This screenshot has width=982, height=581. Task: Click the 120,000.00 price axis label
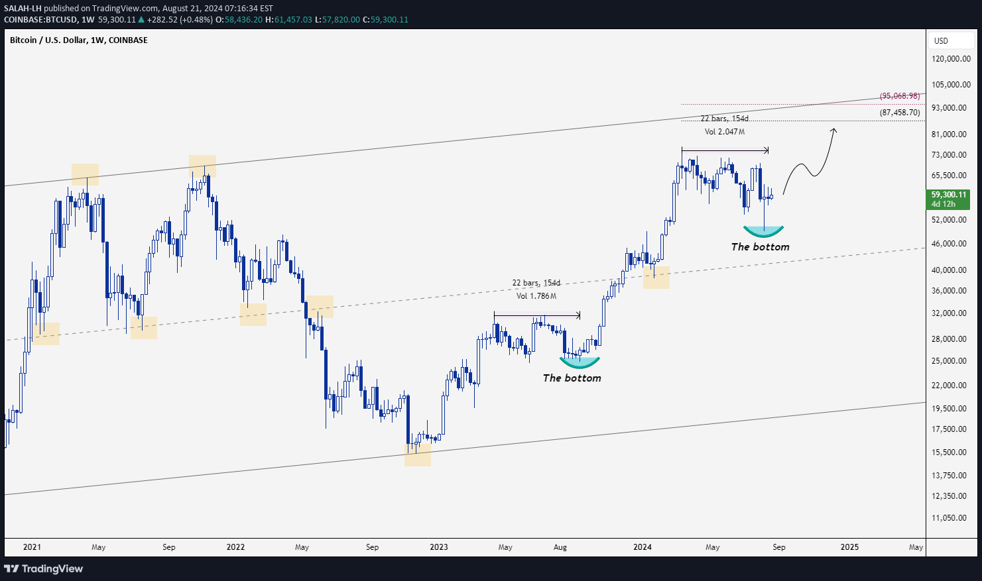[x=951, y=59]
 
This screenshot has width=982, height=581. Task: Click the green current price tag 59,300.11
[x=949, y=199]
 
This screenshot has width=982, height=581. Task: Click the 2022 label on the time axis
[x=235, y=547]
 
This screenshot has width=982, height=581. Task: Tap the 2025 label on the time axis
[x=849, y=547]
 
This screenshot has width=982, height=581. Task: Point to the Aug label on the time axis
[x=560, y=547]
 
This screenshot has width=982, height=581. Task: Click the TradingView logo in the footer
[x=44, y=568]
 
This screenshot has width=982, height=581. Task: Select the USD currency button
[x=942, y=41]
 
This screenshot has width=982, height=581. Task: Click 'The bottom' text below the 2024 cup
[x=760, y=247]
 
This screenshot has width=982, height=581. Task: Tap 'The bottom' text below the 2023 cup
[x=572, y=378]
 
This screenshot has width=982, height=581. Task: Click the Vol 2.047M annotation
[x=724, y=132]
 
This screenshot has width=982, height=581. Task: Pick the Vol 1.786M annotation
[x=536, y=296]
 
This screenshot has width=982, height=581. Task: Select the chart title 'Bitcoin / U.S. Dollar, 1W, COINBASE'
[x=79, y=40]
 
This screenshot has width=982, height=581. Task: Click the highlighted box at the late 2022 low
[x=418, y=454]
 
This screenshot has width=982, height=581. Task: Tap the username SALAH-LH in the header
[x=22, y=8]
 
